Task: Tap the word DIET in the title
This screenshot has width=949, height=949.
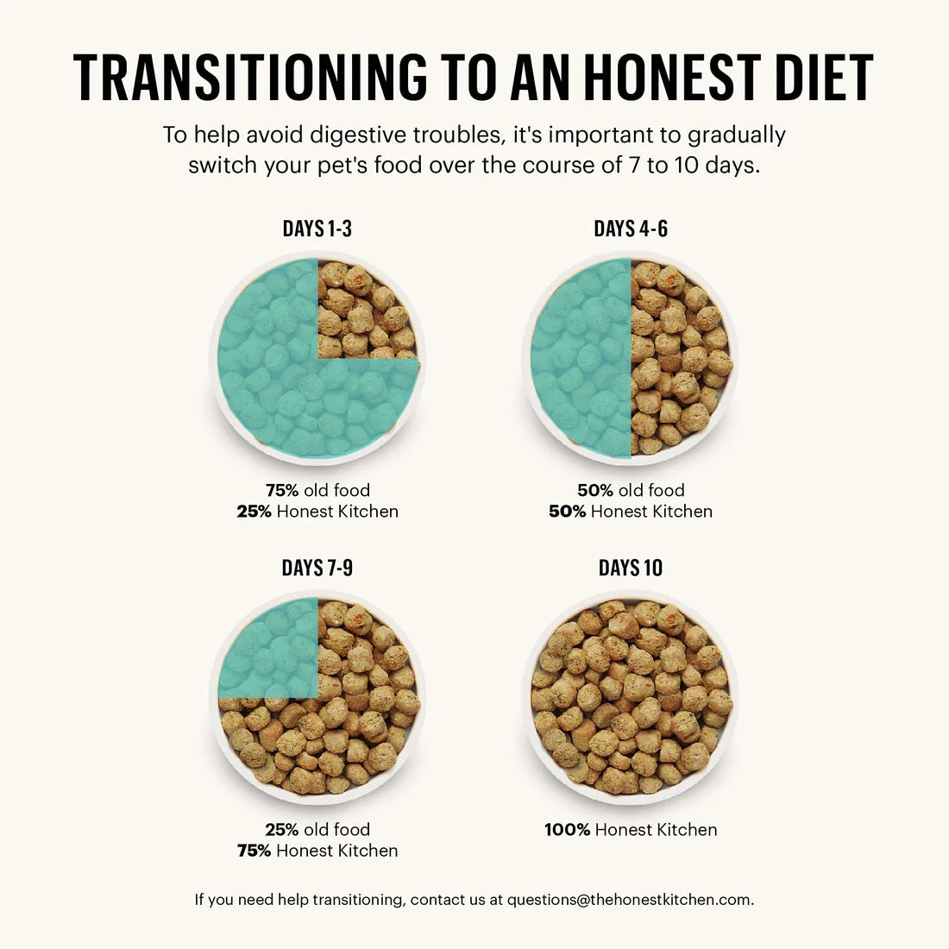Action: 823,78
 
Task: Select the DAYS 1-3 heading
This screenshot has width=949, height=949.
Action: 317,229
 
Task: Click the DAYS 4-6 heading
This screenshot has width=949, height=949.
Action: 631,229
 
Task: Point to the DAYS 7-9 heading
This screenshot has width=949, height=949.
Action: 317,568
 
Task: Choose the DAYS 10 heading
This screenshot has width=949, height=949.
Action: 631,568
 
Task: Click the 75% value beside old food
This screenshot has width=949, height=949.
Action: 282,490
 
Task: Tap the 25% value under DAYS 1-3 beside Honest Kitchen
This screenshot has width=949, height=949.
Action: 255,512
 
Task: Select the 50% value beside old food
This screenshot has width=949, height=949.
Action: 595,490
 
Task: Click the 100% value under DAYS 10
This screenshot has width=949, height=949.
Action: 568,830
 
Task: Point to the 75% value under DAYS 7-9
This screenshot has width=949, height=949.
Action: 255,851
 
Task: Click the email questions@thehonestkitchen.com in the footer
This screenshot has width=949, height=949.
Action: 629,900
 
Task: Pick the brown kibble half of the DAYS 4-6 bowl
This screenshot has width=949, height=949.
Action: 682,358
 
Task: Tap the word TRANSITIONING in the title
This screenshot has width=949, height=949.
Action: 250,78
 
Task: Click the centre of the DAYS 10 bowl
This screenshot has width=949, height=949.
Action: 631,697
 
